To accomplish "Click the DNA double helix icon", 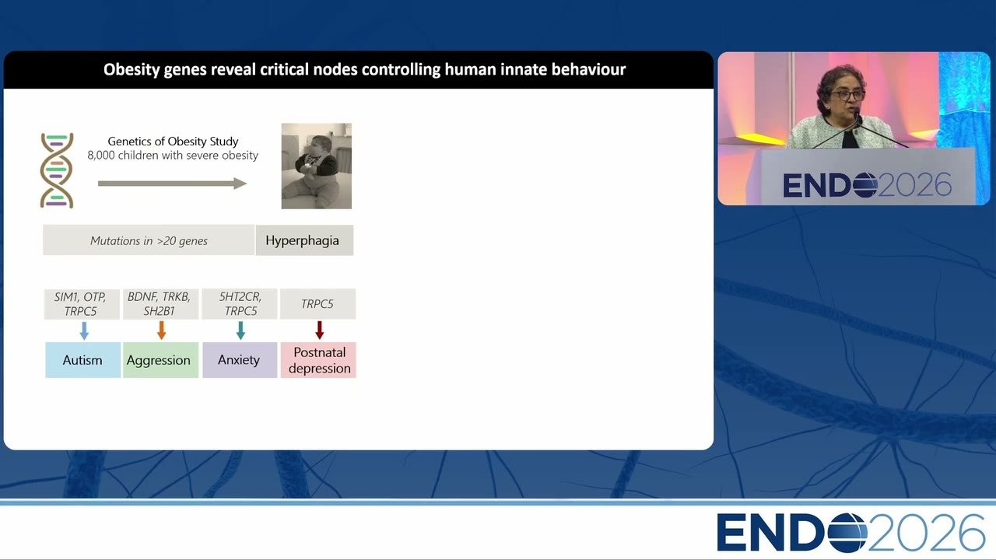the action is (x=57, y=170).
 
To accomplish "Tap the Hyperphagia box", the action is (x=304, y=240).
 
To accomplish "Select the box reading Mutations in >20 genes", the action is (x=149, y=240).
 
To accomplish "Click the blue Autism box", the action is (x=82, y=360).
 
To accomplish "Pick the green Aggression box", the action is (x=160, y=360).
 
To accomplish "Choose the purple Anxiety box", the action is (x=240, y=360).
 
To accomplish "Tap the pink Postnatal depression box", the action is (x=318, y=360).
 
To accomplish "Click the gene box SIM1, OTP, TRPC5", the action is (x=82, y=304).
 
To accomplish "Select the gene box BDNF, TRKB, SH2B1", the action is (x=160, y=304).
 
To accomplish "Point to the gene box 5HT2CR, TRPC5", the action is (x=240, y=304).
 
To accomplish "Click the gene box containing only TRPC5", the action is (x=318, y=304).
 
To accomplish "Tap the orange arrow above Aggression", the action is (x=161, y=331).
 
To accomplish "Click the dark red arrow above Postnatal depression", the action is (x=319, y=331).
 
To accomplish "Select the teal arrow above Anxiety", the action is (x=240, y=331).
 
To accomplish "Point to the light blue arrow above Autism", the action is (x=84, y=331).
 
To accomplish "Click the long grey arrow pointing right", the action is (x=172, y=183).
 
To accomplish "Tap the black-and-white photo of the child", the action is (x=317, y=166).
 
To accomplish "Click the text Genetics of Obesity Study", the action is (x=173, y=142).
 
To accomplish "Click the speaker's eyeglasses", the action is (x=847, y=95).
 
